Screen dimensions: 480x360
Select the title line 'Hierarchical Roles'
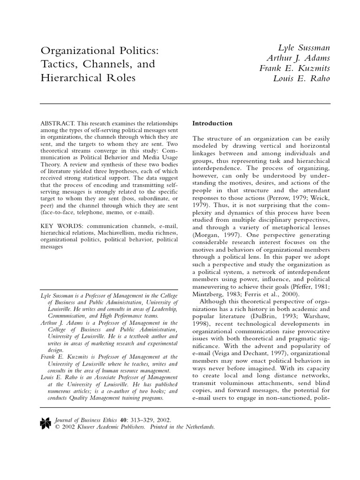pos(88,78)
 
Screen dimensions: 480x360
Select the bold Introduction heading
pos(212,123)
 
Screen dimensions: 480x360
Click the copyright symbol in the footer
pos(57,427)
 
